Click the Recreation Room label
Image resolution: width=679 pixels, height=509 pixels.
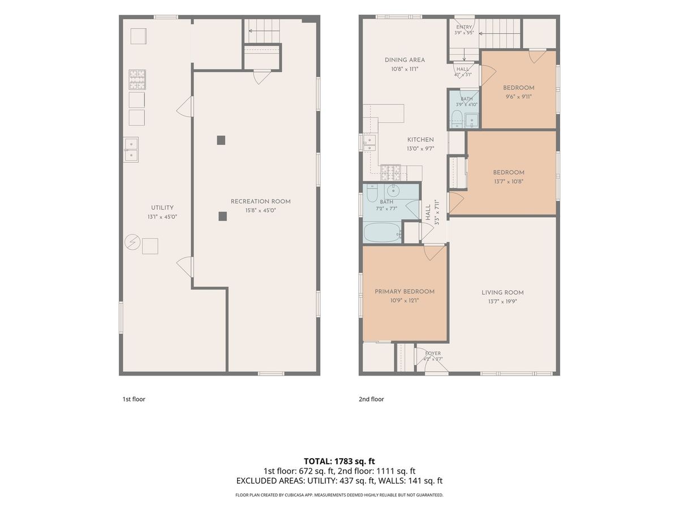tap(260, 201)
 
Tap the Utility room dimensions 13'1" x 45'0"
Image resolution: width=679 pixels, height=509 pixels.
tap(162, 217)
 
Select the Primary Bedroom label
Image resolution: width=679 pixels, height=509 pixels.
tap(405, 291)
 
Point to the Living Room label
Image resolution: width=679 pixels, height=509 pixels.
tap(502, 292)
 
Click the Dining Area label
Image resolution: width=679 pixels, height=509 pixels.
tap(405, 60)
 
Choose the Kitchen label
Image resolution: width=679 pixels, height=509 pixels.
tap(420, 140)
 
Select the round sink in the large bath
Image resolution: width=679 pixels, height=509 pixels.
tap(393, 191)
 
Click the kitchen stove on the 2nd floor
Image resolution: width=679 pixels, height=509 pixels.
tap(390, 172)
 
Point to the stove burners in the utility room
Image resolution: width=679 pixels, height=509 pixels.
tap(137, 79)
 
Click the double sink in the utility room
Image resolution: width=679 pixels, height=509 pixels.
tap(131, 149)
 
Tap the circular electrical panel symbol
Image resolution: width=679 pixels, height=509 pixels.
tap(132, 242)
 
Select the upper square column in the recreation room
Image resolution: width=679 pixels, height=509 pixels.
tap(221, 140)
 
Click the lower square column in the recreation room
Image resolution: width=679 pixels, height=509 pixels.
tap(222, 217)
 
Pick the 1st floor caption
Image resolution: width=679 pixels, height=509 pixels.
tap(134, 399)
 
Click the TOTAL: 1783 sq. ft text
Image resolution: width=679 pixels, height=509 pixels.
tap(339, 461)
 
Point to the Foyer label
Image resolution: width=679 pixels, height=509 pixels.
tap(433, 353)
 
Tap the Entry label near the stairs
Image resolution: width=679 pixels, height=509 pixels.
tap(464, 27)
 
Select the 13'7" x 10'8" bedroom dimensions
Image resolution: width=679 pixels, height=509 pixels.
tap(509, 182)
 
